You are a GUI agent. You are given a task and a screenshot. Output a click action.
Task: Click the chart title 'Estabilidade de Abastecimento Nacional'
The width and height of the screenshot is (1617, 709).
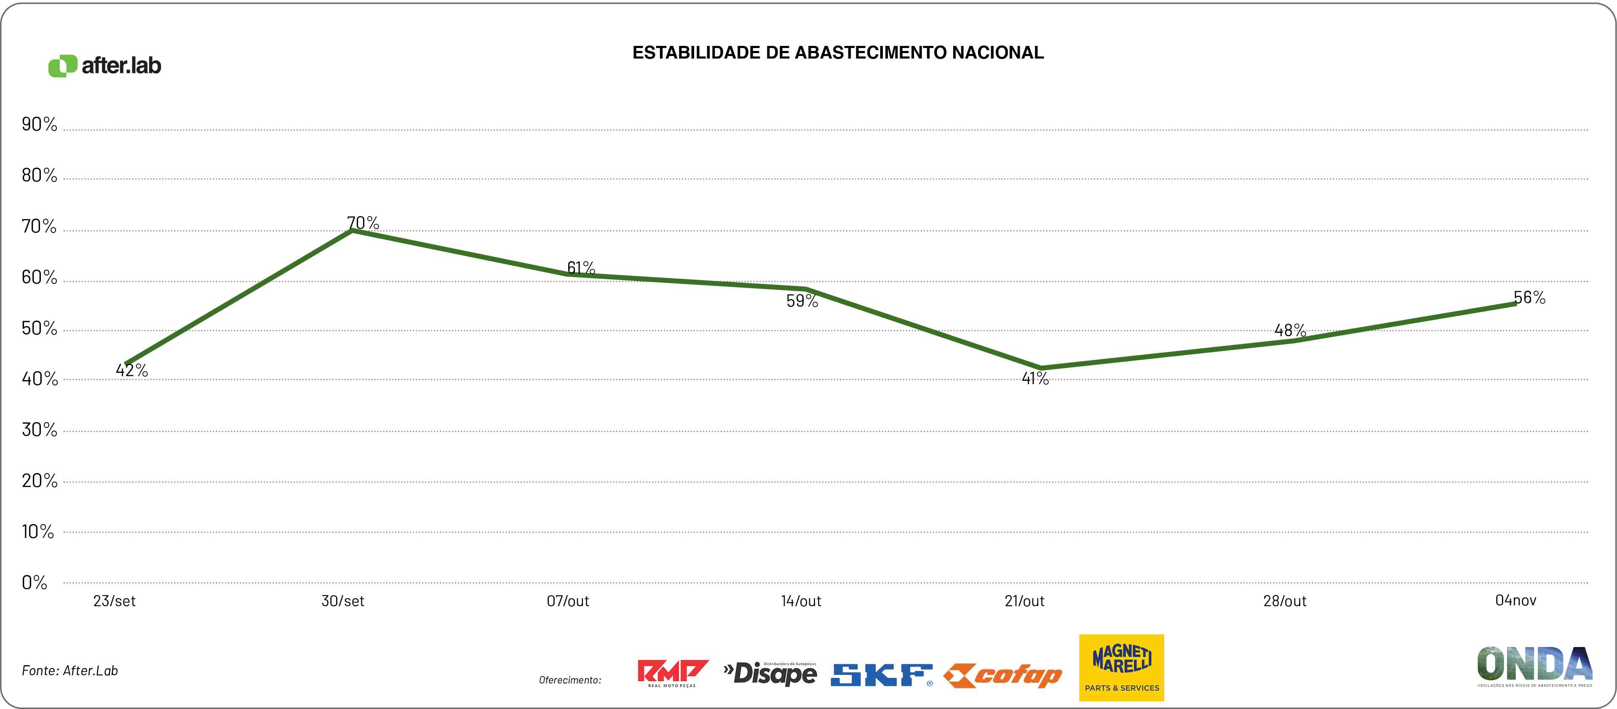(838, 53)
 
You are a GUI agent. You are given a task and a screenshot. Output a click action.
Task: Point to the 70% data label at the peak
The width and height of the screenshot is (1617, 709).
(363, 223)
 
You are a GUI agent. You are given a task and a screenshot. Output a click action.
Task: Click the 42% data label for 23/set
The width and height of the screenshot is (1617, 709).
(132, 371)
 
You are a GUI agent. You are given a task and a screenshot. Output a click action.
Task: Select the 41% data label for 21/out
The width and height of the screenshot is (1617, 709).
(1035, 378)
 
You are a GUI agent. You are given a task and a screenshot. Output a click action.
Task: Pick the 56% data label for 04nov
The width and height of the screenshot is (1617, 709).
(1530, 298)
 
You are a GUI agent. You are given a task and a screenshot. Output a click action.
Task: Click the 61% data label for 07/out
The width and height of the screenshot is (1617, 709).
(581, 268)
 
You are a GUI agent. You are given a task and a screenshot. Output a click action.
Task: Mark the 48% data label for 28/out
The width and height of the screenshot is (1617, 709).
(1290, 330)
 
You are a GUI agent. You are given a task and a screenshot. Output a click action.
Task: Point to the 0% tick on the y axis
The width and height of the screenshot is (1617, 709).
(35, 583)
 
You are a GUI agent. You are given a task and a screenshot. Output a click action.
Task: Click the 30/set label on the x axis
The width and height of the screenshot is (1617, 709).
(343, 601)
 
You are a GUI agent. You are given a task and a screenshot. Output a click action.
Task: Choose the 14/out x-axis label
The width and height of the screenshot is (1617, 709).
(801, 601)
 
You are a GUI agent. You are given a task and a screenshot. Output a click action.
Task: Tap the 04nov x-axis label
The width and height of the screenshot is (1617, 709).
(1515, 600)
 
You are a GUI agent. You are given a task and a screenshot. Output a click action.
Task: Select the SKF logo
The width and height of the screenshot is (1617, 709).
(881, 674)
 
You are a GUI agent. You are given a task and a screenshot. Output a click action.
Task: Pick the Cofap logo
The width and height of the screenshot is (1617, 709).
(1002, 676)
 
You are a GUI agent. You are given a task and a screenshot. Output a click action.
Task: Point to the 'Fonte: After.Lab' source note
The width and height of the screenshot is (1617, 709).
(69, 671)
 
